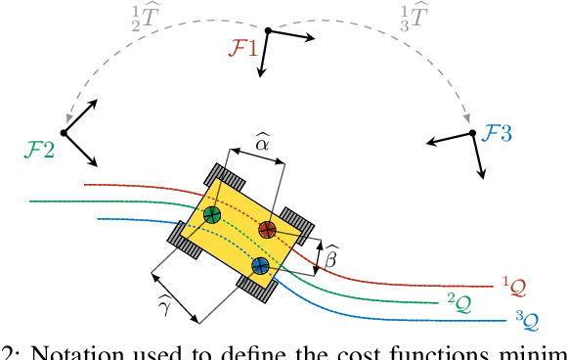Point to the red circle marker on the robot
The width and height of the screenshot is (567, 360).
(x=267, y=229)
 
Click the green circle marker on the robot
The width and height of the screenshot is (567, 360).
(x=212, y=215)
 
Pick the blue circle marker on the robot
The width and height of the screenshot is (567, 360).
(x=260, y=265)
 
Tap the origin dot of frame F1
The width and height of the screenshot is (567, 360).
(x=267, y=31)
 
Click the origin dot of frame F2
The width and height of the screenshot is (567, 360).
(x=63, y=132)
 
